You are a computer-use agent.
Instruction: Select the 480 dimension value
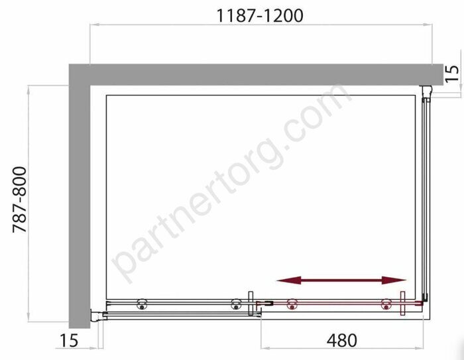(341, 340)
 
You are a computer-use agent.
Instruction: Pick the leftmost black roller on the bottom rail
(142, 305)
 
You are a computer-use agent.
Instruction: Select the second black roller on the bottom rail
(235, 305)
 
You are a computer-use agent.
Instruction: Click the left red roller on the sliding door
(290, 305)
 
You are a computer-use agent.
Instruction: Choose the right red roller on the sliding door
(386, 305)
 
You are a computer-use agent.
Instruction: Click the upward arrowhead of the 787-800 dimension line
(29, 89)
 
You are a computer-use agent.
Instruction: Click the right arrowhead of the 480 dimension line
(426, 348)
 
